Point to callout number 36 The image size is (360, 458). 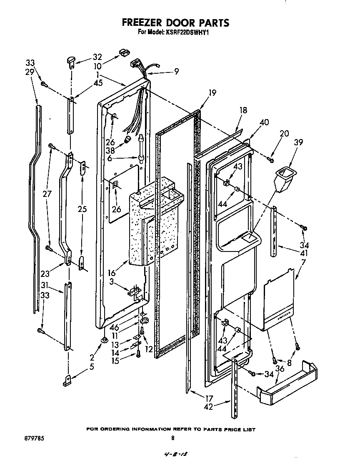[280, 368]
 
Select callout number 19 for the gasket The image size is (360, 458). [212, 93]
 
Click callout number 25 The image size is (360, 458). [82, 209]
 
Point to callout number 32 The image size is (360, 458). [97, 57]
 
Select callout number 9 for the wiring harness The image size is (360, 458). [177, 71]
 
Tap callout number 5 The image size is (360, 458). [91, 367]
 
